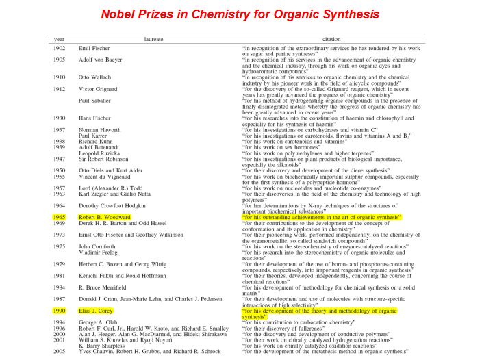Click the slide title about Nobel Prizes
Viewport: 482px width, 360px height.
click(240, 14)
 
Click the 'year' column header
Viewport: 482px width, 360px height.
click(60, 40)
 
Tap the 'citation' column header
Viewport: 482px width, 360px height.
click(329, 40)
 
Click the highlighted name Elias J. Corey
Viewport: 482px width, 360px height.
click(101, 310)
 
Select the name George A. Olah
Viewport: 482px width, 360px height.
click(100, 322)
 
